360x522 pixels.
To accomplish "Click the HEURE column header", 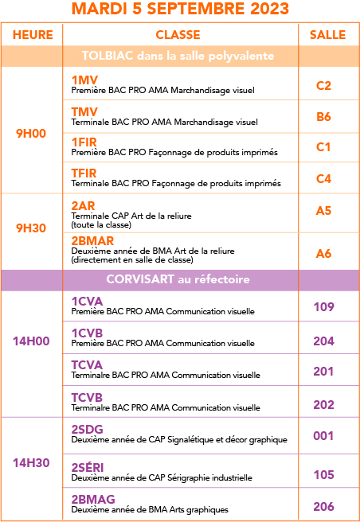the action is [33, 35].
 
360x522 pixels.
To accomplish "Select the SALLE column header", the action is [327, 35].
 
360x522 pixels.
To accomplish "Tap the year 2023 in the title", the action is [269, 8].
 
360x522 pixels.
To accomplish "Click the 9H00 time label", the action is [31, 134].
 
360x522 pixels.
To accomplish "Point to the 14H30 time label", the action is [31, 463].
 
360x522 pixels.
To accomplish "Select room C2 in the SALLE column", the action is [323, 86].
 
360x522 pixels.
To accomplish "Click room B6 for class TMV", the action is [323, 117].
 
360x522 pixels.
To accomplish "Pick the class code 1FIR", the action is [84, 142].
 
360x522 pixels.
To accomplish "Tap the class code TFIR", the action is [84, 173].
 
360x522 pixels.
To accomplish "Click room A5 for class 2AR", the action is [323, 210].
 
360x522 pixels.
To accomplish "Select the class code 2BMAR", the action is [92, 240].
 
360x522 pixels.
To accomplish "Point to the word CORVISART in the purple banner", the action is [140, 279].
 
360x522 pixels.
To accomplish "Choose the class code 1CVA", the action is [87, 302].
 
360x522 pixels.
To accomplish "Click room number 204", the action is [323, 341].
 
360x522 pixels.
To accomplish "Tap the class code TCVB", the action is [87, 398].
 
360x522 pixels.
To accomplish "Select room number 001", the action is [323, 436].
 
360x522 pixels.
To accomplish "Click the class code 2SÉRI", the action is [88, 467].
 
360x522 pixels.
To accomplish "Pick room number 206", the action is [323, 506].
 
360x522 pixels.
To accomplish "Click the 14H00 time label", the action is [31, 341].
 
